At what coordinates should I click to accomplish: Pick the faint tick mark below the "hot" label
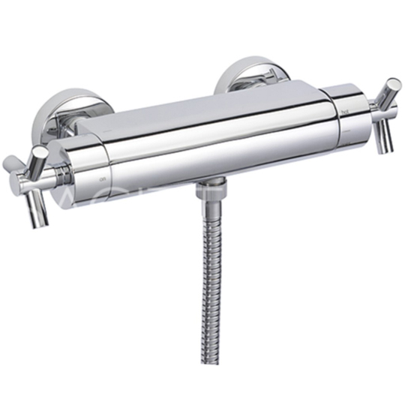[x=346, y=122]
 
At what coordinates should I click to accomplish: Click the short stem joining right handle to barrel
[x=373, y=110]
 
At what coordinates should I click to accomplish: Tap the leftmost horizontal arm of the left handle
[x=10, y=163]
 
